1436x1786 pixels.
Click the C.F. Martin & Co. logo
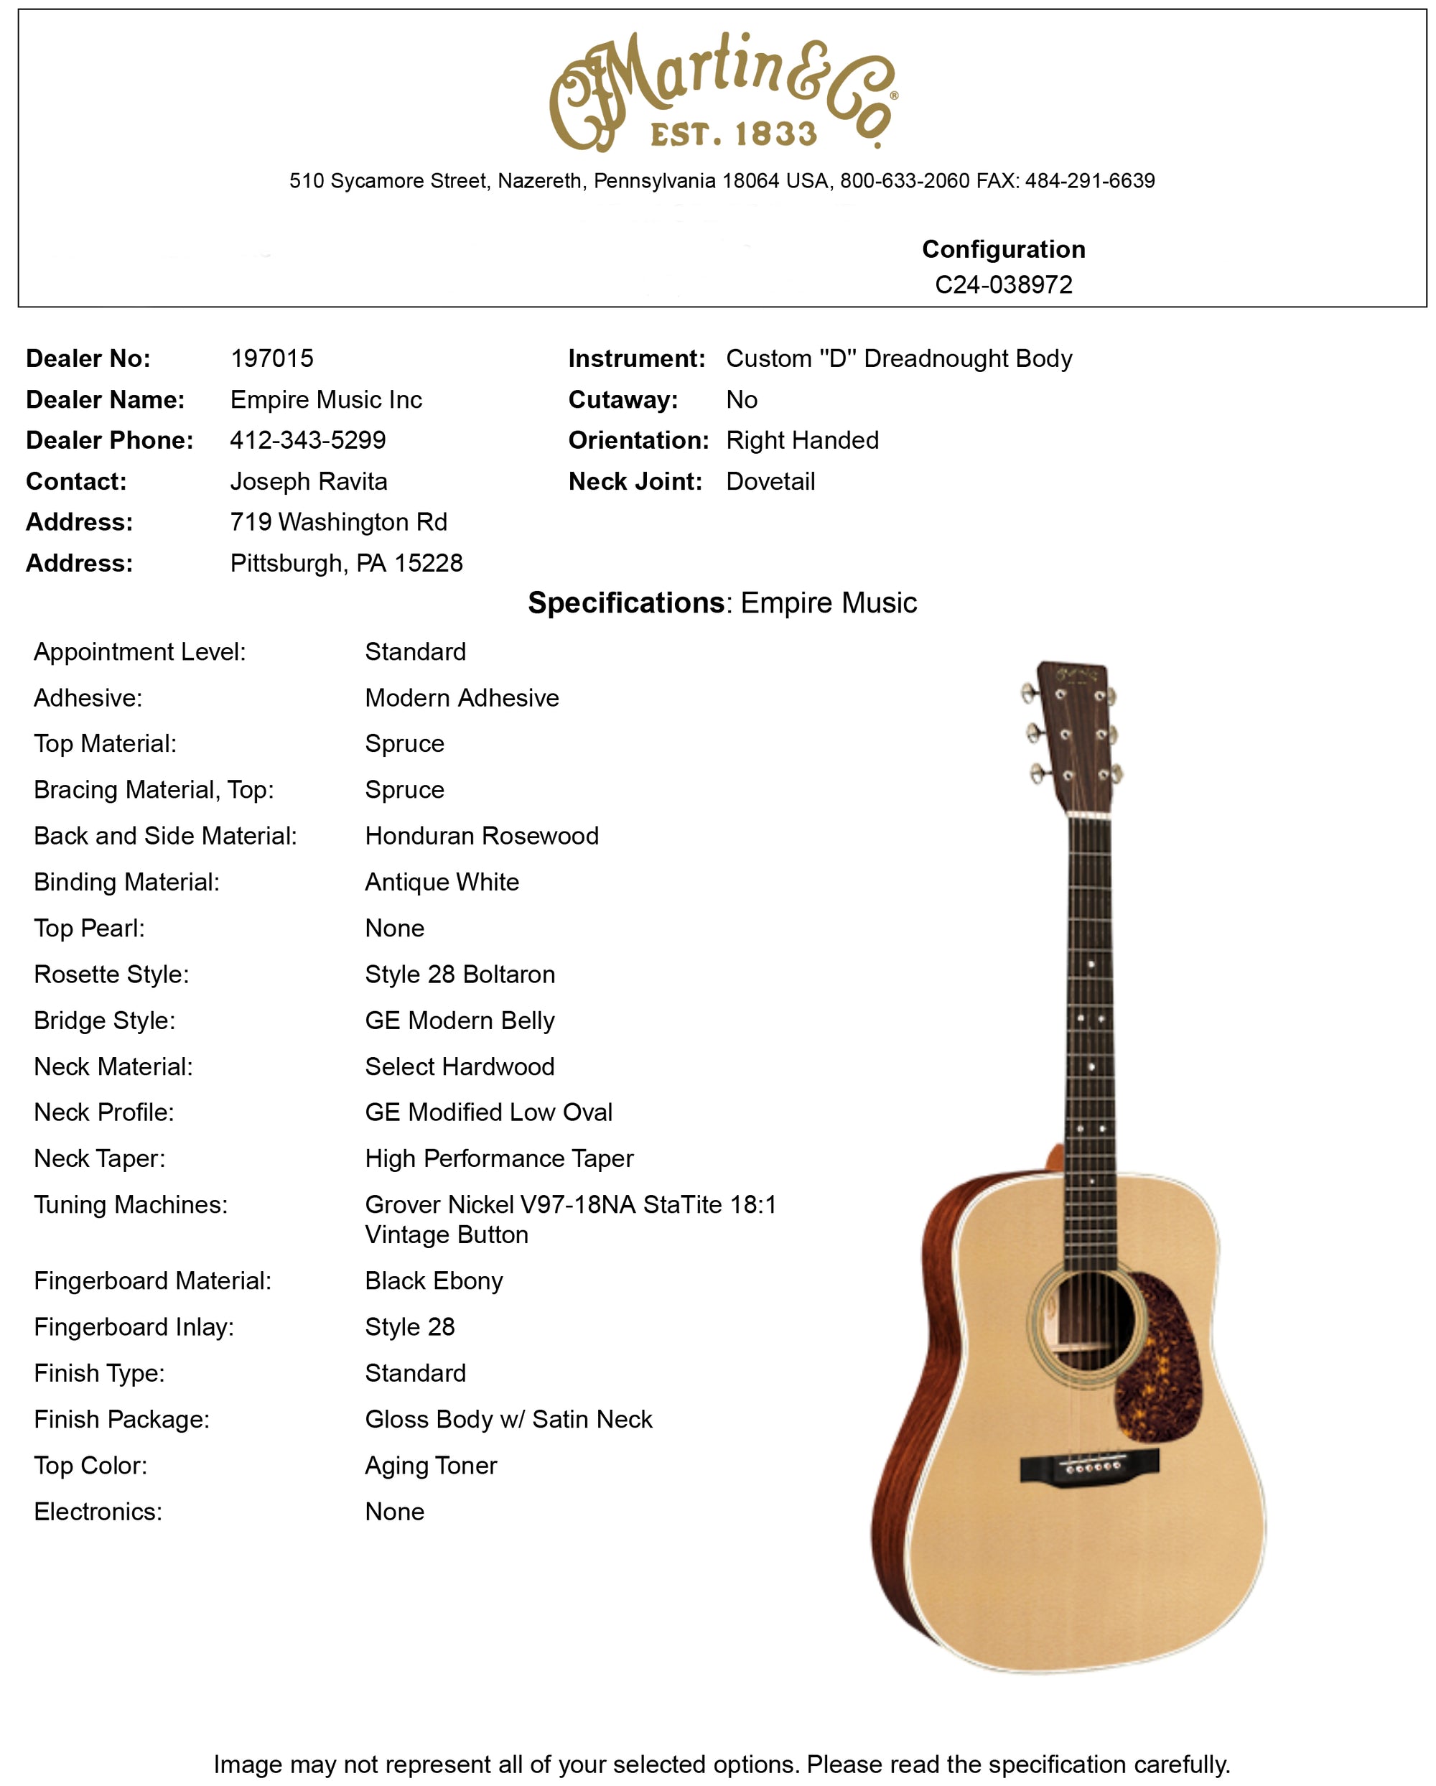pyautogui.click(x=722, y=91)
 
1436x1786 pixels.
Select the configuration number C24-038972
pyautogui.click(x=1003, y=284)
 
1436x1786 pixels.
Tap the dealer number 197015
pyautogui.click(x=271, y=358)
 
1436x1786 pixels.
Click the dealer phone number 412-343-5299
pyautogui.click(x=307, y=440)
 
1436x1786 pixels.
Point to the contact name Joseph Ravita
pyautogui.click(x=308, y=481)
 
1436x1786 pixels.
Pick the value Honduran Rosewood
pyautogui.click(x=481, y=836)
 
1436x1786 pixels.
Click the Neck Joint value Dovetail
pyautogui.click(x=770, y=481)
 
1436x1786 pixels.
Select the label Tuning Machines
pyautogui.click(x=130, y=1204)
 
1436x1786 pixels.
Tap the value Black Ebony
pyautogui.click(x=433, y=1280)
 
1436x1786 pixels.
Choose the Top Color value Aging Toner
pyautogui.click(x=431, y=1466)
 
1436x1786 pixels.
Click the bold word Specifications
pyautogui.click(x=626, y=603)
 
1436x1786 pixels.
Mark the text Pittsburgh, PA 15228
pyautogui.click(x=346, y=563)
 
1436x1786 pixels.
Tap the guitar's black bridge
pyautogui.click(x=1089, y=1466)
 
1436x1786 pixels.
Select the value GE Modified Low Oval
pyautogui.click(x=489, y=1112)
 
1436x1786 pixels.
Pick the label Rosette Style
pyautogui.click(x=111, y=975)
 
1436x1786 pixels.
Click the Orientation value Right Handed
pyautogui.click(x=801, y=440)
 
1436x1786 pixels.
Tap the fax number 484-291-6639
pyautogui.click(x=1089, y=180)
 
